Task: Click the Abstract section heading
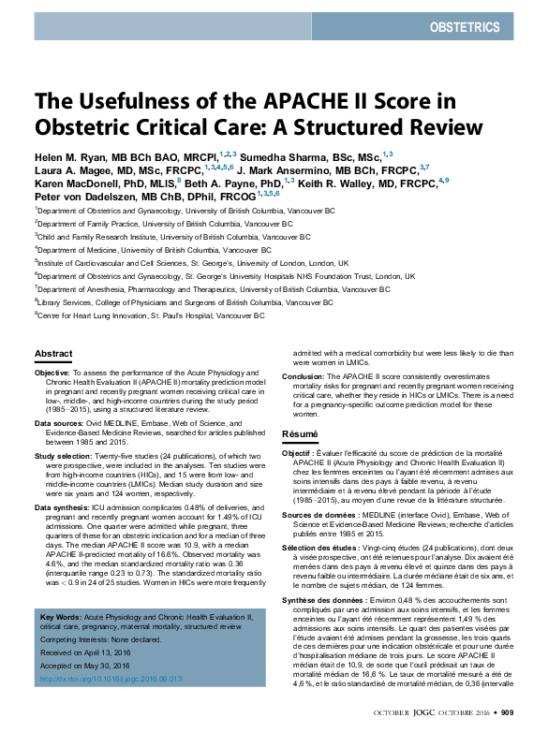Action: [52, 353]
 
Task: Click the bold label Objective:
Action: [52, 373]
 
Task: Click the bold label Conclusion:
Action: [304, 376]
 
